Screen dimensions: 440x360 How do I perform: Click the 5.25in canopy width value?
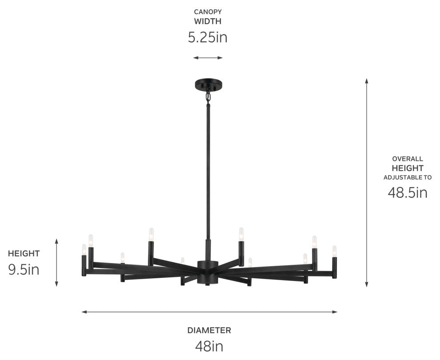pyautogui.click(x=208, y=37)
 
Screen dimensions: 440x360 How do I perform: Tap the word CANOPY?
pyautogui.click(x=208, y=12)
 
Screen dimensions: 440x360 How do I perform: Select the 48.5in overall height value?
pyautogui.click(x=408, y=193)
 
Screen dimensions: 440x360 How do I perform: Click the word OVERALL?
pyautogui.click(x=408, y=159)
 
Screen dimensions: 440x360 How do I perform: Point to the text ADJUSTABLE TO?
pyautogui.click(x=408, y=177)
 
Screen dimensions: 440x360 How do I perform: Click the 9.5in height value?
pyautogui.click(x=24, y=270)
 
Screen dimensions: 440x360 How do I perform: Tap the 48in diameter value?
pyautogui.click(x=209, y=346)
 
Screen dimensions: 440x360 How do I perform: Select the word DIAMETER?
pyautogui.click(x=209, y=330)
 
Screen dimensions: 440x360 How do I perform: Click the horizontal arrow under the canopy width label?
pyautogui.click(x=208, y=58)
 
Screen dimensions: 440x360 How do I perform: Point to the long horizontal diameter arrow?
pyautogui.click(x=209, y=312)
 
